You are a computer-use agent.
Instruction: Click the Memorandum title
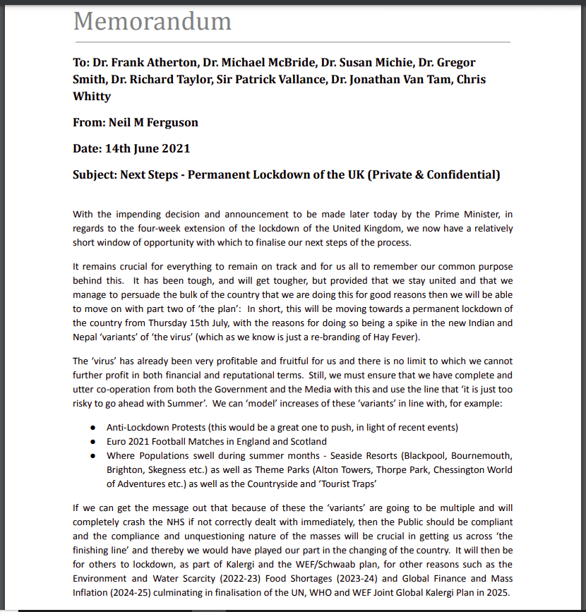coord(152,21)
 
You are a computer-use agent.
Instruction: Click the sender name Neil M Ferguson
coord(153,122)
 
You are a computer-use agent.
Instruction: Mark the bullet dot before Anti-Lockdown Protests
coord(93,428)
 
